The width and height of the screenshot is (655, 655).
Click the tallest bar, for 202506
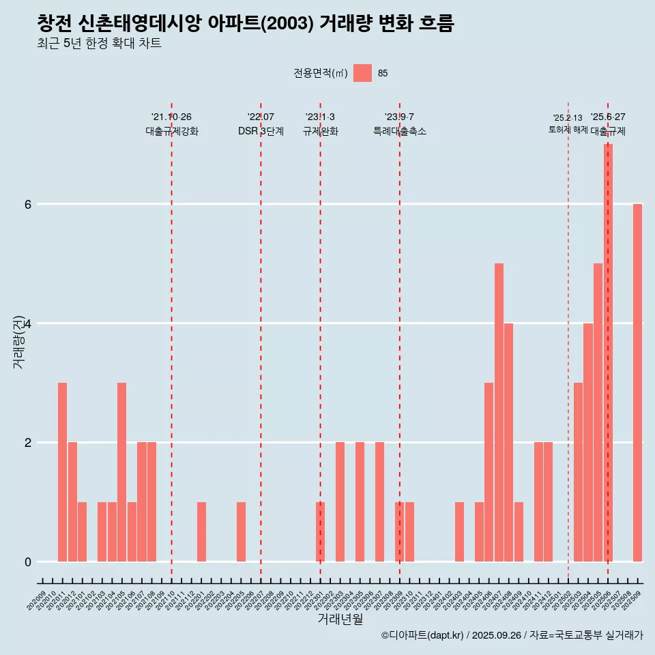pyautogui.click(x=608, y=353)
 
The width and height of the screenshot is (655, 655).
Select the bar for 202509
pyautogui.click(x=637, y=383)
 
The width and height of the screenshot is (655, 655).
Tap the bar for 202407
pyautogui.click(x=499, y=412)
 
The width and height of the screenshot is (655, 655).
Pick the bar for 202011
pyautogui.click(x=62, y=472)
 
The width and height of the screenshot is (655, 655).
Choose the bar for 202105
pyautogui.click(x=121, y=472)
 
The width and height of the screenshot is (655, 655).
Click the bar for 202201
pyautogui.click(x=201, y=532)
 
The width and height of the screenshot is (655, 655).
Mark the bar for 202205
pyautogui.click(x=241, y=532)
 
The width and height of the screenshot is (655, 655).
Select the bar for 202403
pyautogui.click(x=459, y=532)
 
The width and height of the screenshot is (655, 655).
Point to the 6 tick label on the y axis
pyautogui.click(x=28, y=204)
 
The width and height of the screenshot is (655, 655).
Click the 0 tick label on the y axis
pyautogui.click(x=28, y=562)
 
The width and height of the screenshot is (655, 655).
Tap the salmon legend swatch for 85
pyautogui.click(x=362, y=73)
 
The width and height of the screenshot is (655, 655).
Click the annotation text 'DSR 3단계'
pyautogui.click(x=261, y=131)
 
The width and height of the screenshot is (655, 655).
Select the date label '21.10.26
pyautogui.click(x=171, y=117)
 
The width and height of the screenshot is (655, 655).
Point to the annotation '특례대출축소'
pyautogui.click(x=400, y=131)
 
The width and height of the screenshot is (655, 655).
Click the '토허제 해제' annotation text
pyautogui.click(x=568, y=130)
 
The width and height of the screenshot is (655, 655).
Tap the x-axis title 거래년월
pyautogui.click(x=340, y=619)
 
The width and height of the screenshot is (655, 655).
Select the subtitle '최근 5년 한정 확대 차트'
pyautogui.click(x=99, y=44)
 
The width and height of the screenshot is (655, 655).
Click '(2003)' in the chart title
pyautogui.click(x=287, y=24)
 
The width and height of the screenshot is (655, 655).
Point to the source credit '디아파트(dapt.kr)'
pyautogui.click(x=422, y=635)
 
